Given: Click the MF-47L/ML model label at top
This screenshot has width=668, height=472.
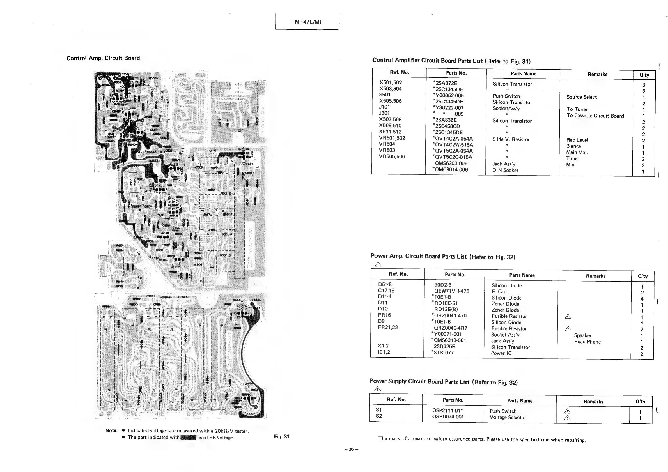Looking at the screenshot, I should coord(308,22).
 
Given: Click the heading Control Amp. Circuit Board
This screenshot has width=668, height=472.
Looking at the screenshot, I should coord(103,58).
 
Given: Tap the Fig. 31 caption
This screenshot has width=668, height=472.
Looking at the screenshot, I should coord(282,436).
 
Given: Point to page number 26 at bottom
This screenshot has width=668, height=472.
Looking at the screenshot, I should coord(351,449).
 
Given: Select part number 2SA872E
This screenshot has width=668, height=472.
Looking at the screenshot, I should coord(445,83).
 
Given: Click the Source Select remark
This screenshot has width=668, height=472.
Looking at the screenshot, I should coord(581,97).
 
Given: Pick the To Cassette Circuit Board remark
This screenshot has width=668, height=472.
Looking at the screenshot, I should coord(595,116).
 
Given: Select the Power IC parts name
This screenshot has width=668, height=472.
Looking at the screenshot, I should coord(501,353).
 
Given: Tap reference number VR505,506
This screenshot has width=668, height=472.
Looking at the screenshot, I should coord(392,156).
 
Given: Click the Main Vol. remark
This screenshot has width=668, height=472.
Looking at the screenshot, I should coord(577,152).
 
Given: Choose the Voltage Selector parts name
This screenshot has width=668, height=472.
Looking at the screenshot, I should coord(508,417).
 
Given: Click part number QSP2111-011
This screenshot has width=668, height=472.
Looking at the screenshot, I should coord(447,410).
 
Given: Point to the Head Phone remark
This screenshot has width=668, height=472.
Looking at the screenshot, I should coord(587,342).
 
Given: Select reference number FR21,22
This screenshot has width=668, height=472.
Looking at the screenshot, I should coord(388,327).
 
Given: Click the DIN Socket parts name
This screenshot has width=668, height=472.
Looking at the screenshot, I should coord(505,170).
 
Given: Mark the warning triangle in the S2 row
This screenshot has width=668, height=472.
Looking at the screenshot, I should coord(567,418).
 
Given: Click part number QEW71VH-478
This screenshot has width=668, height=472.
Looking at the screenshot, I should coord(451,291).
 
